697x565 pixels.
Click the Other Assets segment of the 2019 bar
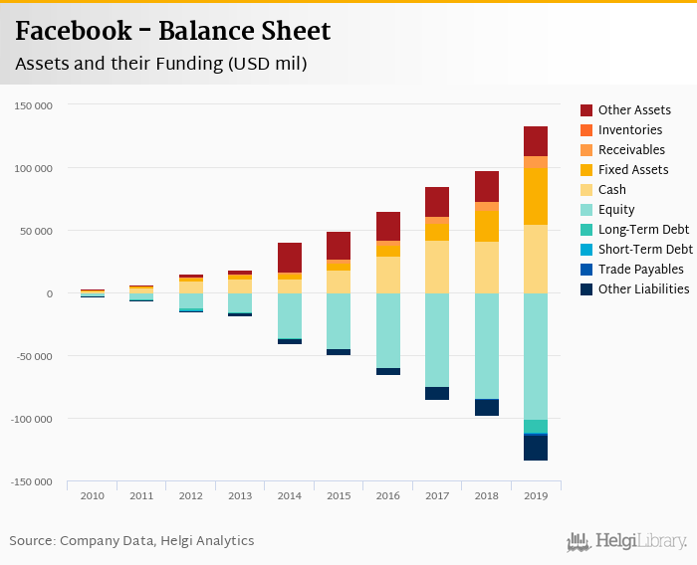(x=536, y=141)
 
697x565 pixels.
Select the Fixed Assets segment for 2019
(x=536, y=196)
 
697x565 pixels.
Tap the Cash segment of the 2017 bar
(x=437, y=267)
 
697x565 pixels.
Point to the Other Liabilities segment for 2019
(x=536, y=448)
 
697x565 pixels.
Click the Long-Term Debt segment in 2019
(x=536, y=426)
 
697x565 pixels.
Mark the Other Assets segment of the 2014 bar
(x=290, y=258)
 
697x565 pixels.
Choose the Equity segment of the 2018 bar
(x=487, y=346)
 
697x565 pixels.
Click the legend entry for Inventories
(x=629, y=130)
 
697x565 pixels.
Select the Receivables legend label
(x=631, y=150)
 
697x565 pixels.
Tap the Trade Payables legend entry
(x=640, y=270)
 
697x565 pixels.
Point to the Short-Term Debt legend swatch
(x=586, y=250)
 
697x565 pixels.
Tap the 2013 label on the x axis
(x=240, y=495)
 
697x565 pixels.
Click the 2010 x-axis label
(x=92, y=495)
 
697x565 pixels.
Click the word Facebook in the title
(x=71, y=31)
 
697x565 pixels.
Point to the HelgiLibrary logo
(x=626, y=541)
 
